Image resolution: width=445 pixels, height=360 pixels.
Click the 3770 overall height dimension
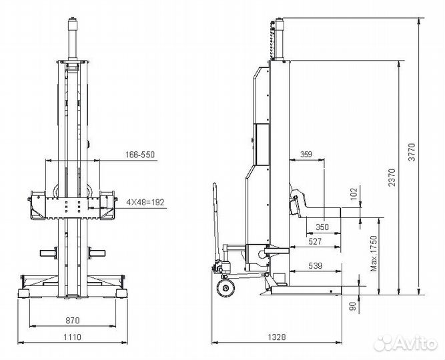pos(412,153)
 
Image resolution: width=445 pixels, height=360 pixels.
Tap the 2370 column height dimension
pos(392,177)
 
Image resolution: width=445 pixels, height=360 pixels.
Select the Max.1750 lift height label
pos(374,253)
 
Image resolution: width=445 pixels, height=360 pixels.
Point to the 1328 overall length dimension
pos(277,337)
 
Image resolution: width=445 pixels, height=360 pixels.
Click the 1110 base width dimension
pos(72,337)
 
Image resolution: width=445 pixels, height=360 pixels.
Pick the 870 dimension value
pos(73,321)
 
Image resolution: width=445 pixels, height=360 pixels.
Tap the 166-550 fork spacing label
pos(140,155)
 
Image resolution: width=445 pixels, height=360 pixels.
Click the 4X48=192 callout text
pos(145,203)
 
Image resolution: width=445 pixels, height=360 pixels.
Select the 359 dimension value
pos(306,154)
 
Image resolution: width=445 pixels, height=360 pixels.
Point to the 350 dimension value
pos(322,227)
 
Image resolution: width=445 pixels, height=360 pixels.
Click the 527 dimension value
pos(315,241)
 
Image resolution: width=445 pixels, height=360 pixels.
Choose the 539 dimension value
pos(315,266)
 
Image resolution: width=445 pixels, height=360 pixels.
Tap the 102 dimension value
pos(354,194)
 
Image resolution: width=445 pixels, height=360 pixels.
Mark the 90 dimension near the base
pos(353,307)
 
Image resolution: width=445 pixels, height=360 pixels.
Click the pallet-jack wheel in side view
pos(226,288)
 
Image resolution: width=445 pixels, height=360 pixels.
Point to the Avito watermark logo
pos(405,343)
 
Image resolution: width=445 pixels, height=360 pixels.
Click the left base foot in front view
pos(23,293)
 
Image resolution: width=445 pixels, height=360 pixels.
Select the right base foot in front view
pos(121,293)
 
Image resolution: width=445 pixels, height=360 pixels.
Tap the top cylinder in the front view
pos(73,39)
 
